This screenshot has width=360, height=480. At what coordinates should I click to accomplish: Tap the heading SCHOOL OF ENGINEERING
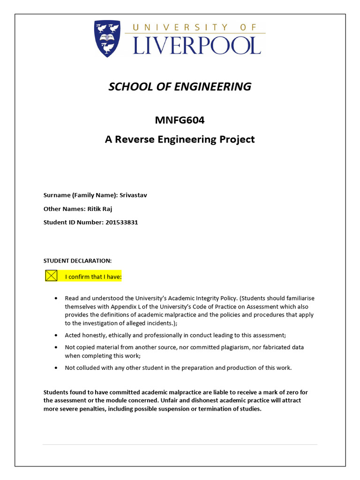(x=180, y=87)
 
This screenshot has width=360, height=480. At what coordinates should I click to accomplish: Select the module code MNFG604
(x=180, y=120)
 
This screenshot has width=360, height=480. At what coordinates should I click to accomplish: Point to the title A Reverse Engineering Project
(x=180, y=139)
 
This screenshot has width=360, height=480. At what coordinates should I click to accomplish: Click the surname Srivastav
(x=133, y=195)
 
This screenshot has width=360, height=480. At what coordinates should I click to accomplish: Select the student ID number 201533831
(x=120, y=222)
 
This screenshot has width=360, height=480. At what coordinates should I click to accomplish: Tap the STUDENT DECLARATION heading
(x=77, y=260)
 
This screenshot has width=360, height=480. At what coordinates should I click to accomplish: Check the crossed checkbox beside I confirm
(x=51, y=276)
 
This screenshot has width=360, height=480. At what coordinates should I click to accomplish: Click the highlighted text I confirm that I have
(x=93, y=277)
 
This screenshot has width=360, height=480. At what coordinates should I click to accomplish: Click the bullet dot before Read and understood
(x=56, y=298)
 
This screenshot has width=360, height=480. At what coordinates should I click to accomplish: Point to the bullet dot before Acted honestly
(x=56, y=335)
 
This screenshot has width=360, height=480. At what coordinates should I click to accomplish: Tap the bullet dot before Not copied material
(x=56, y=347)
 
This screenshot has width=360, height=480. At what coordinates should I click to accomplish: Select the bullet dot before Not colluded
(x=56, y=367)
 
